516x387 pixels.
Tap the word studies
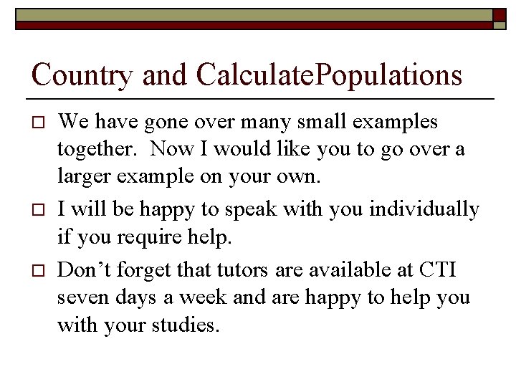click(x=184, y=325)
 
